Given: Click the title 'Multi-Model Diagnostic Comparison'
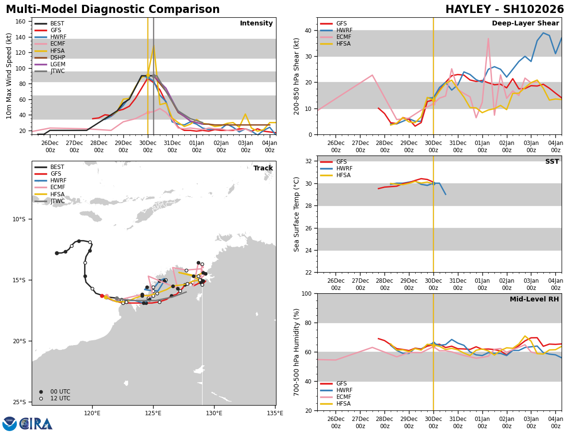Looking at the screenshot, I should click(113, 10).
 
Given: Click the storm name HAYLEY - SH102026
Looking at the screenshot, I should click(504, 10).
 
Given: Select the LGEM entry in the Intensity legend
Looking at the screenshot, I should click(58, 64).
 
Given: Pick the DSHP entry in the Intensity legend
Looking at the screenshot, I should click(58, 58).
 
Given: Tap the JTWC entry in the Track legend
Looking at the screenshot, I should click(58, 201).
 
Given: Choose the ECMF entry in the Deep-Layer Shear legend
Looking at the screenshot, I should click(343, 37).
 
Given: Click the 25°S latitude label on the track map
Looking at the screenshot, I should click(19, 402).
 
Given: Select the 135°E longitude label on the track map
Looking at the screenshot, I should click(275, 412).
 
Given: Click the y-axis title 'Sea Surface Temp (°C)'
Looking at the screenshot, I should click(297, 214).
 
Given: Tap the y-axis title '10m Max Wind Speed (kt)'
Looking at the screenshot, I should click(9, 76).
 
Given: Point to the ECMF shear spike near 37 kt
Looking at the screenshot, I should click(488, 38).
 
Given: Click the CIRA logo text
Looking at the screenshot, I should click(36, 423).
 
